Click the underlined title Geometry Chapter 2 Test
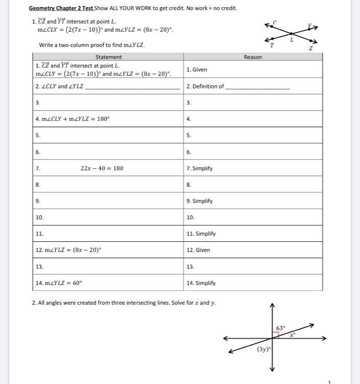[x=61, y=8]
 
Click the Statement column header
[x=108, y=57]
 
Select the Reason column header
[x=253, y=57]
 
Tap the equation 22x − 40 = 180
[x=102, y=168]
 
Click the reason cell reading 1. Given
[x=197, y=70]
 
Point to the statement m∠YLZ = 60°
[x=61, y=283]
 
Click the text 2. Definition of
[x=206, y=86]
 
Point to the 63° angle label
[x=281, y=328]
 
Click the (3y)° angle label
[x=264, y=349]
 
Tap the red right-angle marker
[x=276, y=335]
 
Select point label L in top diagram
[x=292, y=40]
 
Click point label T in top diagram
[x=272, y=46]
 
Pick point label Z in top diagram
[x=310, y=49]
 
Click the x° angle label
[x=293, y=335]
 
